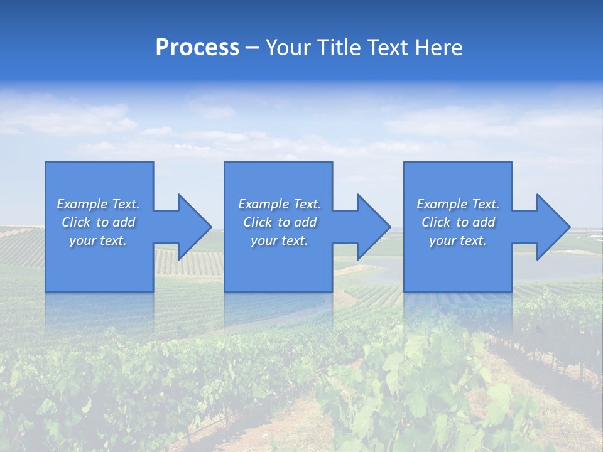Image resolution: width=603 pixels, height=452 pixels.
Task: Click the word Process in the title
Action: (197, 47)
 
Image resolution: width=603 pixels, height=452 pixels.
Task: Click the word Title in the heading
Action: (337, 47)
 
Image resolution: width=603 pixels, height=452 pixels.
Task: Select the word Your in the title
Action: (288, 47)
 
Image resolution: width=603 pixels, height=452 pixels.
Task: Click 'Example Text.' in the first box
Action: (98, 204)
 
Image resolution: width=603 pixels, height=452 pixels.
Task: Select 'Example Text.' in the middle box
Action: (280, 204)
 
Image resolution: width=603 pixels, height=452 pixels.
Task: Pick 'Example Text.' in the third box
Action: (458, 204)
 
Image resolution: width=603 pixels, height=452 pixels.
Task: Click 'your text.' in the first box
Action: (98, 240)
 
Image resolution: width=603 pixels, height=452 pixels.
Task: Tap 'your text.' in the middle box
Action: (280, 240)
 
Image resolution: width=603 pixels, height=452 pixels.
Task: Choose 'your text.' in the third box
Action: (458, 240)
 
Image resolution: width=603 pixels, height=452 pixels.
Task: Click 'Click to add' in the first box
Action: (98, 222)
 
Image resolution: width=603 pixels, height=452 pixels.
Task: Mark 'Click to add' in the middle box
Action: (280, 222)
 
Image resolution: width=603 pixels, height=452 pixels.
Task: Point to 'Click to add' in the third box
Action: (458, 222)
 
